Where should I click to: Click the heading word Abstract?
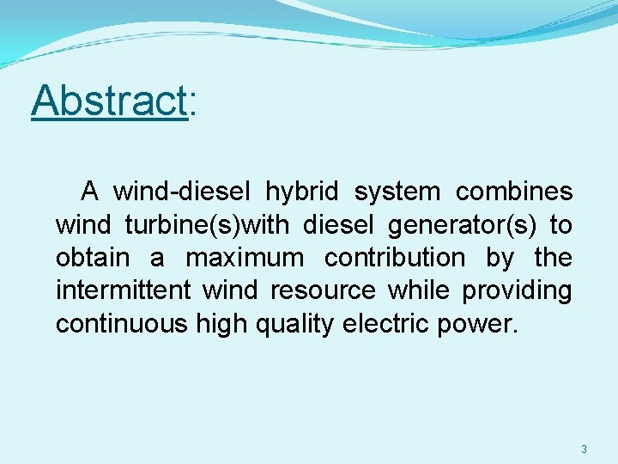click(x=108, y=101)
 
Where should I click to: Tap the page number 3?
click(x=584, y=449)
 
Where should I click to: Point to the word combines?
click(x=513, y=192)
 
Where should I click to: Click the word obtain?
click(x=93, y=258)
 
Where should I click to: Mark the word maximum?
click(x=245, y=258)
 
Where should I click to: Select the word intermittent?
click(x=123, y=290)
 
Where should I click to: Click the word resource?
click(x=323, y=291)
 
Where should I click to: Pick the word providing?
click(x=517, y=291)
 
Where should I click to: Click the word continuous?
click(x=125, y=324)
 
